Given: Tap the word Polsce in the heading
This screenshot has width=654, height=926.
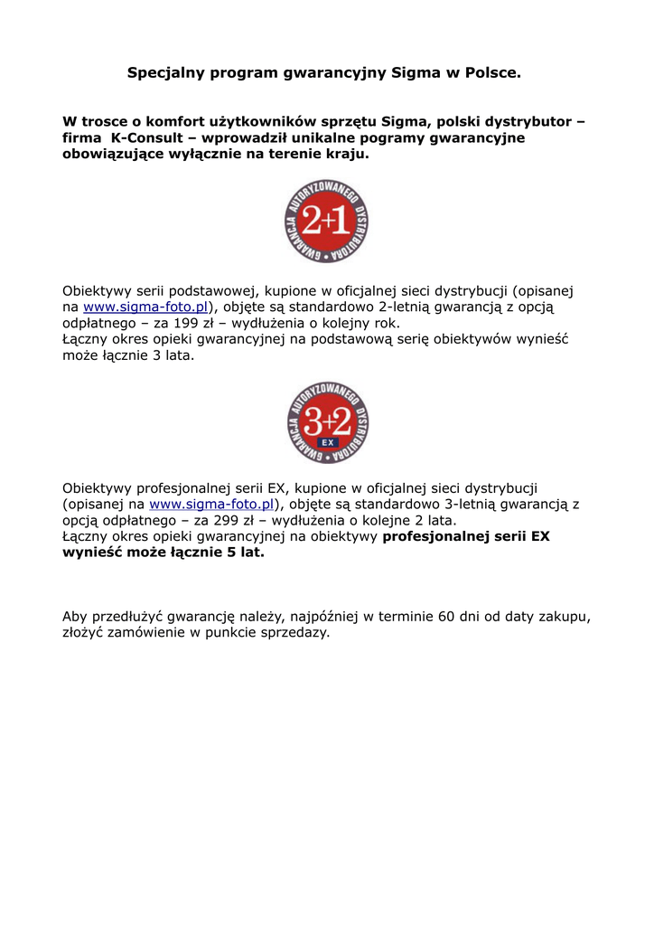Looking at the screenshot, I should tap(491, 71).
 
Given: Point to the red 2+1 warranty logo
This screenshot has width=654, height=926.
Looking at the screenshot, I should tap(326, 222).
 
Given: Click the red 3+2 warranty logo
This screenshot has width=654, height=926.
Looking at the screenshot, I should tap(326, 423).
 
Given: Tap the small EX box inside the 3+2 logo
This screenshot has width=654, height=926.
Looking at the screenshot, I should tap(327, 443).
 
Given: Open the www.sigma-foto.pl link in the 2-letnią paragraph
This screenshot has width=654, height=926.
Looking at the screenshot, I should tap(145, 307).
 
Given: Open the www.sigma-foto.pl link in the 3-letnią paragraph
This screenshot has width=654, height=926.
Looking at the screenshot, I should tap(211, 505).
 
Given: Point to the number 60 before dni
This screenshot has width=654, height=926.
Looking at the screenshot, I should tap(446, 617).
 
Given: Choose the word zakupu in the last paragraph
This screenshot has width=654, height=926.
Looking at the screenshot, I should tap(565, 617).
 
